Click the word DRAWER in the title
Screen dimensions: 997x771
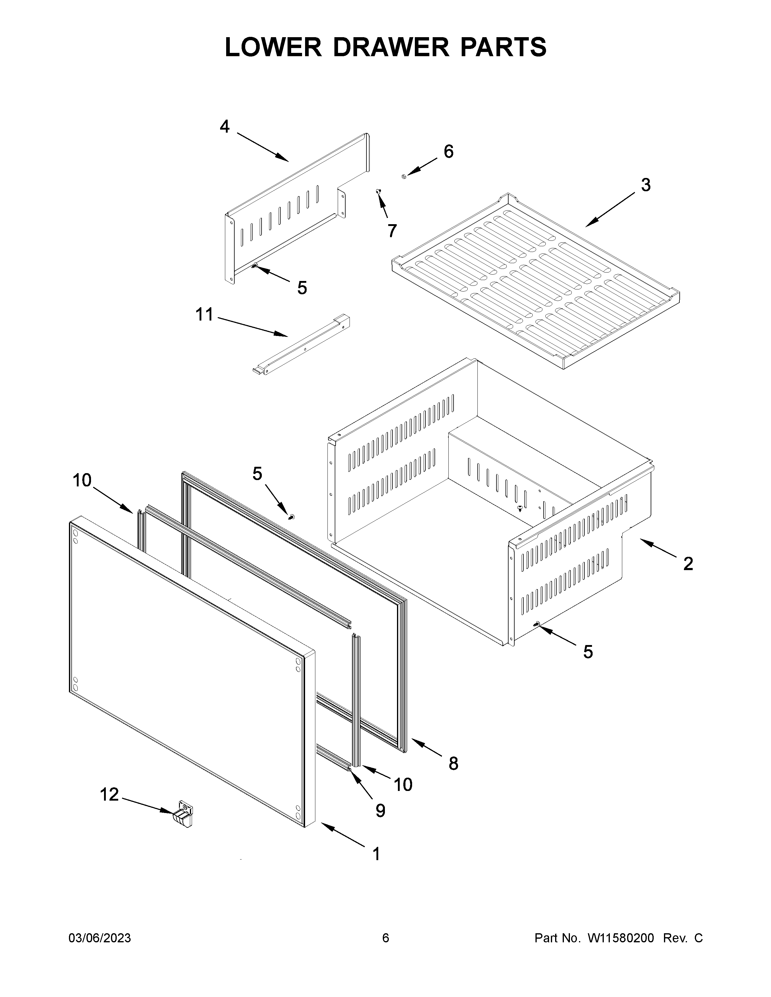click(x=391, y=47)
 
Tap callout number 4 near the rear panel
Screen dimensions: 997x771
click(x=224, y=127)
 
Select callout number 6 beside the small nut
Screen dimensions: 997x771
click(x=448, y=152)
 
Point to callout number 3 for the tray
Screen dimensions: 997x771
click(x=646, y=185)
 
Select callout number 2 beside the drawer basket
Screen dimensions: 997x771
click(x=688, y=564)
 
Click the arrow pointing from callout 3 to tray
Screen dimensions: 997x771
click(x=610, y=210)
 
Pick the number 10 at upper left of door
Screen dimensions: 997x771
click(x=82, y=480)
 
